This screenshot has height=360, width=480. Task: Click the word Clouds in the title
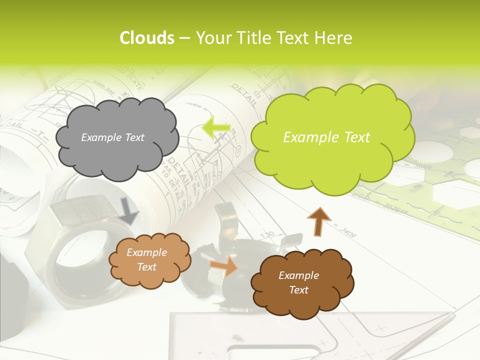click(146, 38)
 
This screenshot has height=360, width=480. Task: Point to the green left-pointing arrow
click(216, 128)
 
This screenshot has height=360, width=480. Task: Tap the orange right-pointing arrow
click(224, 265)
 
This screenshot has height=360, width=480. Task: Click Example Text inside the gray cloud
click(112, 137)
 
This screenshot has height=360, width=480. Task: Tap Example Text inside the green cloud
click(326, 137)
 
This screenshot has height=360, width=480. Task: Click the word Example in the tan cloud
click(146, 253)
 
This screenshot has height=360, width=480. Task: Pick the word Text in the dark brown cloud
click(298, 290)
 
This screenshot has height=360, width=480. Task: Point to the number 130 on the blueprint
click(268, 234)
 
